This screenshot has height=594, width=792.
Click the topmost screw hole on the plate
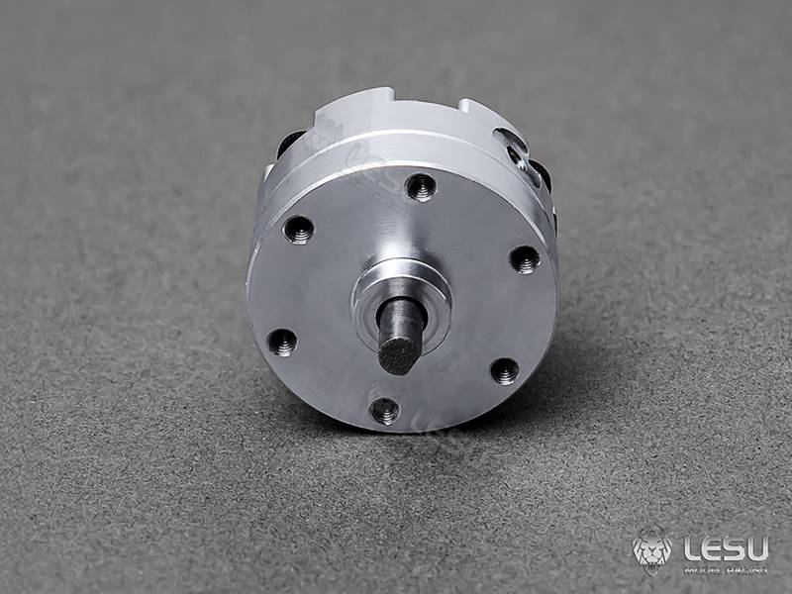point(421,186)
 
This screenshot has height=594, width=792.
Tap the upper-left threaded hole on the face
point(298,230)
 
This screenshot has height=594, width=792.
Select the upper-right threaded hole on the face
point(525,259)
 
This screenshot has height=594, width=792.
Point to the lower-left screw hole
point(282,343)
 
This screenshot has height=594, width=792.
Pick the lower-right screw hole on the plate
point(504,371)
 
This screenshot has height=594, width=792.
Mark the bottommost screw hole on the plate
point(384,410)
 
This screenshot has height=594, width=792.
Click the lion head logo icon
point(652,549)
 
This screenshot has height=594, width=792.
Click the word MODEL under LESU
point(702,569)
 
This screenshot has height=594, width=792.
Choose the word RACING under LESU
point(745,569)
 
